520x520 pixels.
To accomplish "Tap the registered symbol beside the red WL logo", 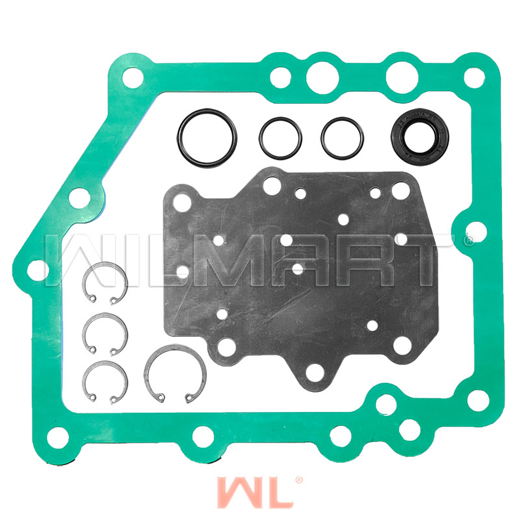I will [299, 480].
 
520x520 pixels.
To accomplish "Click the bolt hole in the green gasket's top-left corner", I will [132, 77].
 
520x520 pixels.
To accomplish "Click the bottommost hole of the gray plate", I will [314, 372].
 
